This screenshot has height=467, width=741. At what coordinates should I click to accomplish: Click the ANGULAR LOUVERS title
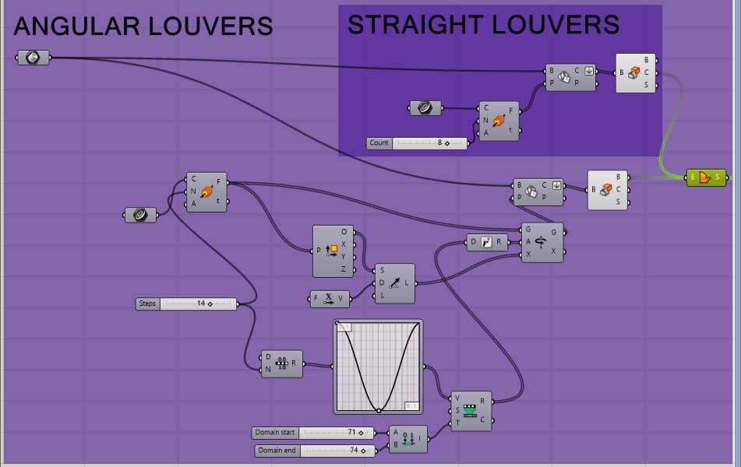143,27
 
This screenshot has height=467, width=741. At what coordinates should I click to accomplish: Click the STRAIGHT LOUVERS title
483,25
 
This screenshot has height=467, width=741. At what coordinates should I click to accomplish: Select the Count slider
418,143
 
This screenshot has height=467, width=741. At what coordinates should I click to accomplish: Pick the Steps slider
187,304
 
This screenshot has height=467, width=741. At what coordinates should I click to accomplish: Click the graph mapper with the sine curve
379,366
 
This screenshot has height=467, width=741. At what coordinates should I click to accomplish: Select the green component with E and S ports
706,177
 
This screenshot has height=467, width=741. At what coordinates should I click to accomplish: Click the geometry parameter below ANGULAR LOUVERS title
34,57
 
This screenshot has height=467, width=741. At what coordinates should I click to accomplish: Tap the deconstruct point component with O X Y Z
334,251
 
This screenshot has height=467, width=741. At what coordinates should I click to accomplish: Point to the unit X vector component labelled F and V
330,297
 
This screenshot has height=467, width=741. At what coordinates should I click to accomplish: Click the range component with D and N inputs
282,363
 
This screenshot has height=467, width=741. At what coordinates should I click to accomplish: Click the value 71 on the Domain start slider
351,433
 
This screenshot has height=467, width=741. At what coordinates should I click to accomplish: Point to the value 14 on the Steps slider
201,304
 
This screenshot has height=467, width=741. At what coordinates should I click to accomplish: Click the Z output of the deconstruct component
344,269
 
